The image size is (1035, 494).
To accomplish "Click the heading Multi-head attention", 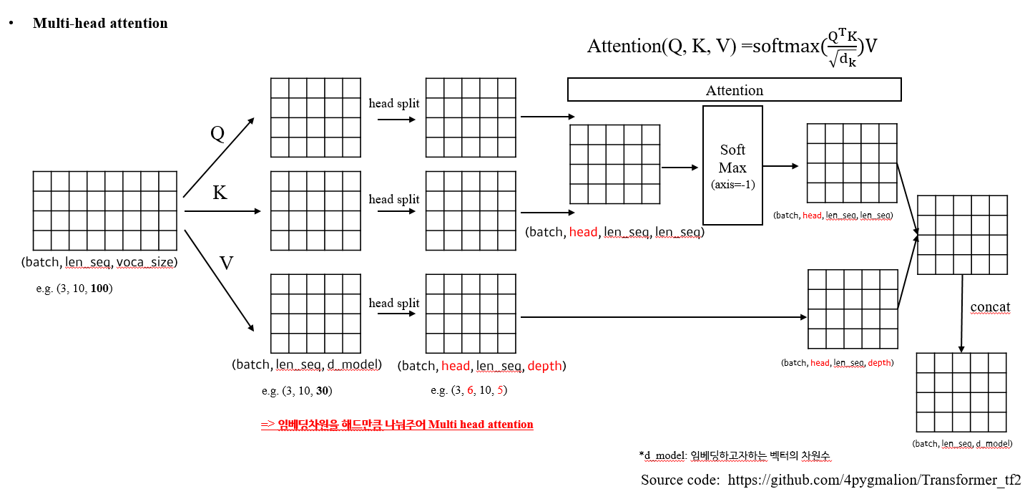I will [100, 24].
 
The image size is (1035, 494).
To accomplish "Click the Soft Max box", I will [732, 165].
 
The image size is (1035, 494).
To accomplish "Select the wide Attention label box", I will [734, 90].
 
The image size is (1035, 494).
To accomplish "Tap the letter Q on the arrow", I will [217, 133].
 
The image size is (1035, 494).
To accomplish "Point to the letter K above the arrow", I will [220, 193].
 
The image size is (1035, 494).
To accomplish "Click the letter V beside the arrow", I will [226, 263].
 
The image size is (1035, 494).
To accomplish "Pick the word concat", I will [990, 307].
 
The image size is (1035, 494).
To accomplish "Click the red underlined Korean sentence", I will [397, 425].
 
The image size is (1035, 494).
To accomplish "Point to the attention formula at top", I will [732, 47].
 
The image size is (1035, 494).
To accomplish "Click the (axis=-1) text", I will [732, 184].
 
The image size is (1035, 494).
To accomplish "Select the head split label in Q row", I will [394, 104].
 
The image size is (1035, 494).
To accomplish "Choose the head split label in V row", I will [394, 303].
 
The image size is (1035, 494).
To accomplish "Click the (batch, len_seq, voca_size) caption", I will [99, 262].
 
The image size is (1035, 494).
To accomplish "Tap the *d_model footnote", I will [737, 455].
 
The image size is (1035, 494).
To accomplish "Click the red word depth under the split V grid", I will [544, 366].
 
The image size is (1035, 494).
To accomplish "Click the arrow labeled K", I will [222, 211].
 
